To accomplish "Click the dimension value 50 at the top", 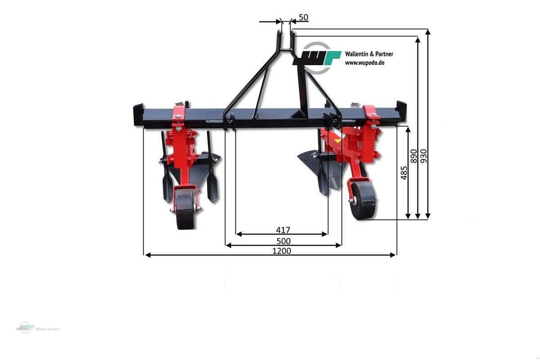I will (303, 18).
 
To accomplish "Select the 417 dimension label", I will (283, 230).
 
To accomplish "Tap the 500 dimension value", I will (283, 241).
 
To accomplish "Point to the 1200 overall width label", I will (282, 251).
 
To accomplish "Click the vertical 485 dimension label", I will (404, 173).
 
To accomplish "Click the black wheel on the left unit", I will (185, 209).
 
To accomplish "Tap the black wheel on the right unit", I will (363, 200).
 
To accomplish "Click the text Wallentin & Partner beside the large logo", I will (369, 54).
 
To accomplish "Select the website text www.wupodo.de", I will (364, 63).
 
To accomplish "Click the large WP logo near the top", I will (317, 58).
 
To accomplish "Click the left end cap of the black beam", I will (138, 115).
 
